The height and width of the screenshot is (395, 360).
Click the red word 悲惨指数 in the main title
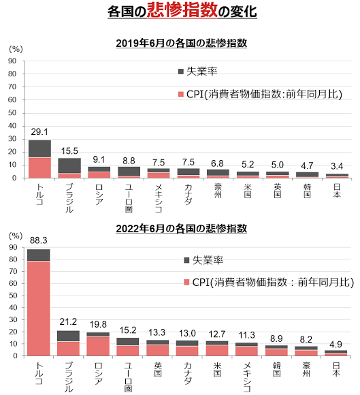click(182, 10)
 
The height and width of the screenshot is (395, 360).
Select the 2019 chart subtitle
click(181, 44)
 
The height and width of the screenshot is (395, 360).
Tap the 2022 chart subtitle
click(181, 229)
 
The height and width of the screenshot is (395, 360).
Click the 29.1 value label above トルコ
click(39, 131)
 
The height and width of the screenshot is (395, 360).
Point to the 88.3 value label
click(39, 240)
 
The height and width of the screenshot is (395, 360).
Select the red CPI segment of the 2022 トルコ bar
click(39, 309)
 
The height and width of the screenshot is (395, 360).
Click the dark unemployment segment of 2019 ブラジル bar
click(69, 165)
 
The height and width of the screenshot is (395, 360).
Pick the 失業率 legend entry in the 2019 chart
click(197, 72)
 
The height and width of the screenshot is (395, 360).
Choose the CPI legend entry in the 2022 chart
click(269, 282)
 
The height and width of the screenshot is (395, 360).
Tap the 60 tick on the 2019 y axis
click(12, 99)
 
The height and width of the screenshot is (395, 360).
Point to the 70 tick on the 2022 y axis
click(13, 271)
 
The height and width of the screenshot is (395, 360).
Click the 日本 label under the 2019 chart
click(337, 191)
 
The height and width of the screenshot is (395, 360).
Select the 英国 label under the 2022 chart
click(158, 369)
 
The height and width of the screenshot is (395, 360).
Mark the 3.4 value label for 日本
click(337, 166)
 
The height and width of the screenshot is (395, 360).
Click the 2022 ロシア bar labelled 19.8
click(98, 344)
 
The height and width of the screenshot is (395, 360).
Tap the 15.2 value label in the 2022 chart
click(128, 330)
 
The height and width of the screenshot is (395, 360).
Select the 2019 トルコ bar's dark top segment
click(39, 149)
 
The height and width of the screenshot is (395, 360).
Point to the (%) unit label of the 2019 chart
click(16, 49)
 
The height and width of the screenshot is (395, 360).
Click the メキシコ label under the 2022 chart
click(247, 377)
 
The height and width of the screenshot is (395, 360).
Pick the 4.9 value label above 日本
click(336, 345)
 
